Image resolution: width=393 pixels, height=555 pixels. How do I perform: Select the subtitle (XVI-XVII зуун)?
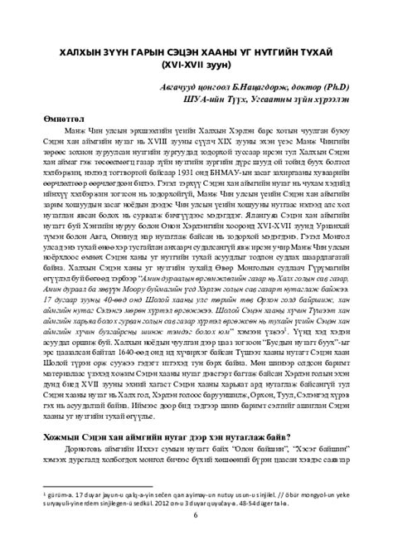point(196,66)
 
